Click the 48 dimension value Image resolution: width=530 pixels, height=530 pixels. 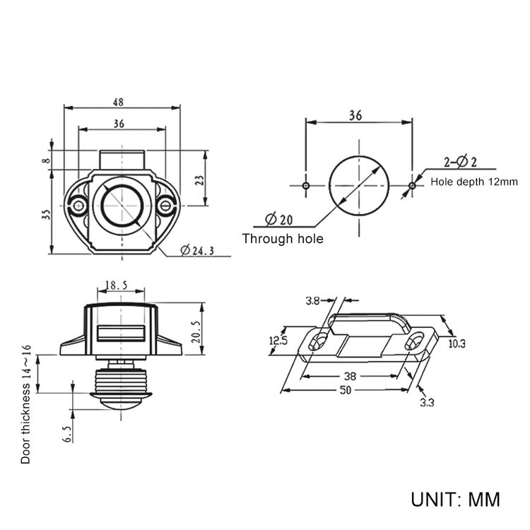118,102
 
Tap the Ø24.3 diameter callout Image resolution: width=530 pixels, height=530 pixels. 197,250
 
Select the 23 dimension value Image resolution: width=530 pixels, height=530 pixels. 200,180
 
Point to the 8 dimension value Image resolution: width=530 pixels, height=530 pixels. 46,160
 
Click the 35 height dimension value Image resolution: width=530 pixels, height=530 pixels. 46,215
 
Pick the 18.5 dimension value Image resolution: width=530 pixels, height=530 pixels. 117,285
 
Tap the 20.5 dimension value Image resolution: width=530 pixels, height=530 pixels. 196,331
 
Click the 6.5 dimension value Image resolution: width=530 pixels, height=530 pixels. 68,434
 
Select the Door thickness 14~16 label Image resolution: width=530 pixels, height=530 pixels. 26,404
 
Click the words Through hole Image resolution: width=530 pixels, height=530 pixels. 283,239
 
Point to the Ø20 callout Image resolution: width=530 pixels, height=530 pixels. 279,219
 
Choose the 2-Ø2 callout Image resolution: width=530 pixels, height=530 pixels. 460,162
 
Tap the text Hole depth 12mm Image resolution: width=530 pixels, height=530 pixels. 474,182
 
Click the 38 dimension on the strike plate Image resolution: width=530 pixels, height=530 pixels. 350,376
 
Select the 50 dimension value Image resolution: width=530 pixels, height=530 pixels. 345,390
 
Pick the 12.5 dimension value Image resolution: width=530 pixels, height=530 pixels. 278,341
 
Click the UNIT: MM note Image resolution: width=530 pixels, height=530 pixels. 455,500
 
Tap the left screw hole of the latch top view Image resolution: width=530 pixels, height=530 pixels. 78,206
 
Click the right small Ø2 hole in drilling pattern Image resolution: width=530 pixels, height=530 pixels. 412,186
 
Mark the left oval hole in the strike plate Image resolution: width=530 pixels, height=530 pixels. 319,341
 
